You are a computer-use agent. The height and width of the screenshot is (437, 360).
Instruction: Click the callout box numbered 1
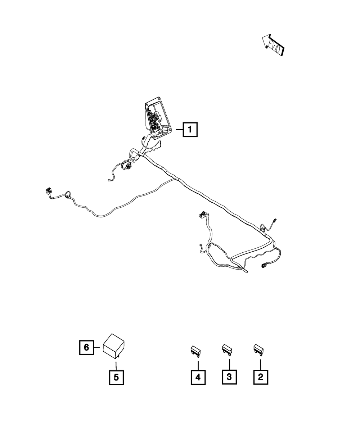coord(190,129)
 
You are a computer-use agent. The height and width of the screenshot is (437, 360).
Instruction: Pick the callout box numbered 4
coord(198,377)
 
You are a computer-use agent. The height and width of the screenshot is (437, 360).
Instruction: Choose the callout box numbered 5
coord(116,377)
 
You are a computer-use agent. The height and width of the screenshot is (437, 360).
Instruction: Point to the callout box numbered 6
coord(86,347)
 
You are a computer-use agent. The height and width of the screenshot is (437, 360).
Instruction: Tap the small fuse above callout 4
coord(195,350)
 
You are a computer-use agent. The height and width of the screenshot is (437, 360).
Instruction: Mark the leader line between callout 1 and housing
coord(179,129)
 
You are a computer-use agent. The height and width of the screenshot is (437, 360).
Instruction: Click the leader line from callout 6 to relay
coord(98,347)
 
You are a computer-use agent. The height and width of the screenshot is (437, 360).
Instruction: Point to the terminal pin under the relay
coord(118,357)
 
